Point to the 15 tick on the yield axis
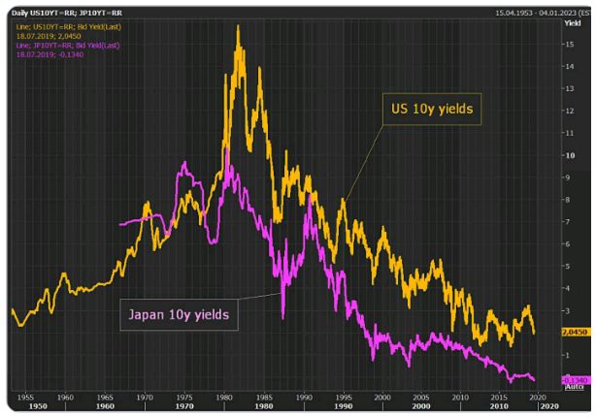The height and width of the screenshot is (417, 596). click(x=569, y=44)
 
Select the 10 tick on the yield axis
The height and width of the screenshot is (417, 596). click(x=569, y=155)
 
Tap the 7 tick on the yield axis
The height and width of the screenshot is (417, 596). click(x=569, y=222)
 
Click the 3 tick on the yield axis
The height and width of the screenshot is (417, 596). click(x=569, y=310)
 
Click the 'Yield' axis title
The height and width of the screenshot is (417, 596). click(x=571, y=20)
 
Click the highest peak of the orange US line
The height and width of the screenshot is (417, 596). click(x=238, y=26)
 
